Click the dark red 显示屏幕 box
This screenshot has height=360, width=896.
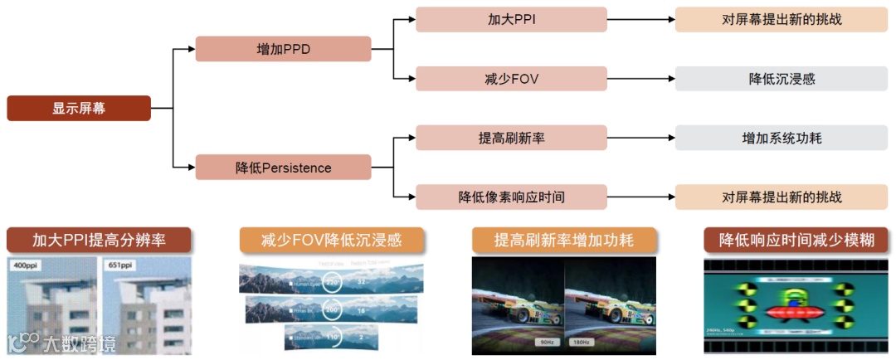point(79,109)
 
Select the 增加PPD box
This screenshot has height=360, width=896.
point(283,49)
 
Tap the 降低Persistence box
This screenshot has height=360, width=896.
point(283,168)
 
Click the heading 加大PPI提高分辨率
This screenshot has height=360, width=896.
point(100,241)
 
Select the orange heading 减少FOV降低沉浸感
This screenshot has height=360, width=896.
point(332,241)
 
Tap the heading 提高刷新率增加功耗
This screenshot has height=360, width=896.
point(564,241)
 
